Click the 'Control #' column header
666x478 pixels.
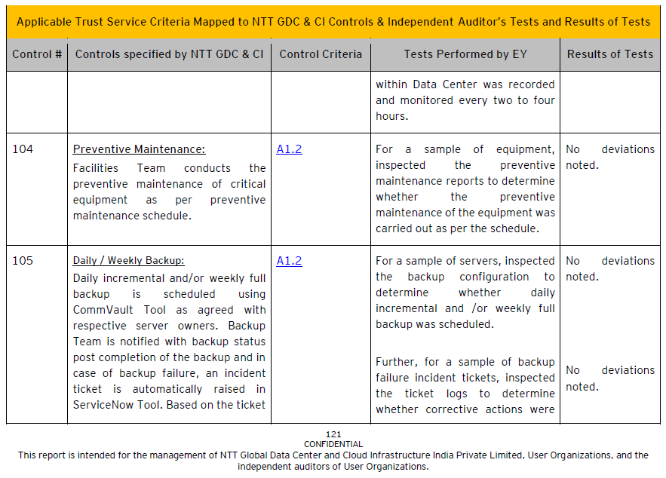(x=37, y=54)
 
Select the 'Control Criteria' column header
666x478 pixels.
(x=321, y=54)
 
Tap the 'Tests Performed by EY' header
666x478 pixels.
(x=465, y=54)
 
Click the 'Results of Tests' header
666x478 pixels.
(x=610, y=54)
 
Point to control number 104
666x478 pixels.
(x=23, y=149)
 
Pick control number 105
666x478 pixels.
(x=23, y=261)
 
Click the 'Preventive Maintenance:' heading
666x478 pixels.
(x=139, y=149)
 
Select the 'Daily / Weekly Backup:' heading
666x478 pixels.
(x=128, y=261)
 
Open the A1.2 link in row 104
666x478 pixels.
(x=289, y=149)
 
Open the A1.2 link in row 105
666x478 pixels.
(x=289, y=261)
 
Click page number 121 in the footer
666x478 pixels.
(x=333, y=434)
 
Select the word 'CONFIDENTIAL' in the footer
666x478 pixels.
(x=333, y=444)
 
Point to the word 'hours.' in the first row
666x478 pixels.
(x=391, y=116)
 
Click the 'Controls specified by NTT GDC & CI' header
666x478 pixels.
(x=169, y=54)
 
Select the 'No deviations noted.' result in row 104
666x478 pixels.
(x=609, y=157)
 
